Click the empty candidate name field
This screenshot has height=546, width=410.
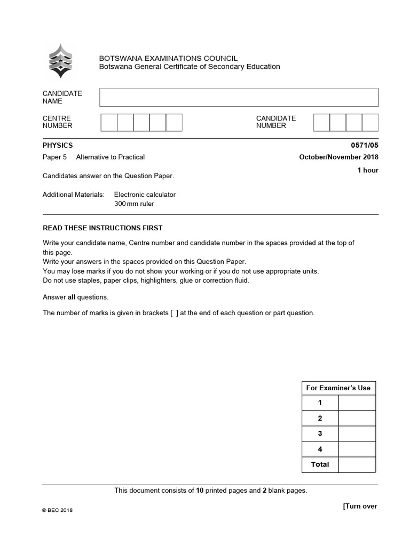pyautogui.click(x=239, y=98)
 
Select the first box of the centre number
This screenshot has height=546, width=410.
pyautogui.click(x=109, y=122)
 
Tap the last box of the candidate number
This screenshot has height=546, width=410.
pyautogui.click(x=370, y=122)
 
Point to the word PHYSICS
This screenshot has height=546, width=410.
pyautogui.click(x=58, y=145)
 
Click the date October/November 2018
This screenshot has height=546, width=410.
pyautogui.click(x=339, y=157)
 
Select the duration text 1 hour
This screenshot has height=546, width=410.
pyautogui.click(x=368, y=170)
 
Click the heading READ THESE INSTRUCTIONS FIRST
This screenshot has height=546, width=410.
pyautogui.click(x=102, y=228)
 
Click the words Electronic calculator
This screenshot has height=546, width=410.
pyautogui.click(x=145, y=195)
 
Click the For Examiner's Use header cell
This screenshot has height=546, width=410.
pyautogui.click(x=338, y=388)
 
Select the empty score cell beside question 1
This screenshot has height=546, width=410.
pyautogui.click(x=357, y=403)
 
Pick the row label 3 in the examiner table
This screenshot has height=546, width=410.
pyautogui.click(x=320, y=433)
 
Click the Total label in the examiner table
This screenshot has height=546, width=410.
pyautogui.click(x=320, y=464)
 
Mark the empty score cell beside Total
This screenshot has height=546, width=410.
pyautogui.click(x=357, y=464)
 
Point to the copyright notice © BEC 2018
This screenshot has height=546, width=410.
pyautogui.click(x=58, y=510)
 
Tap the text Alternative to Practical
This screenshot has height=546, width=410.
pyautogui.click(x=111, y=157)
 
